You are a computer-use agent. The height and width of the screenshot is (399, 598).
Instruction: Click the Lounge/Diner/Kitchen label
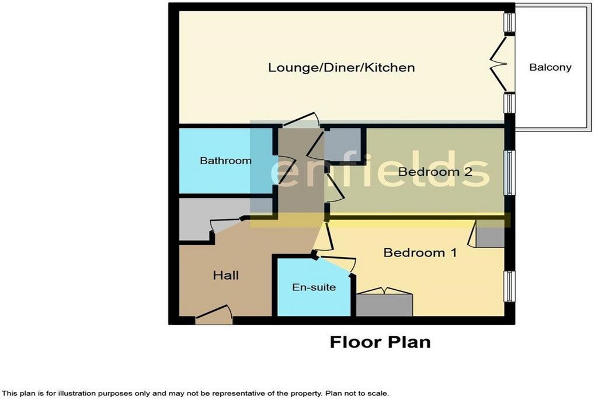[x=341, y=68]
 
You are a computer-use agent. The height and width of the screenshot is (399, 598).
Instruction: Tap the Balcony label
[x=550, y=68]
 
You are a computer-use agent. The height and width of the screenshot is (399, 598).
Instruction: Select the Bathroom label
[x=225, y=161]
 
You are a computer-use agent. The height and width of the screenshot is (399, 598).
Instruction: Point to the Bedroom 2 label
[x=435, y=172]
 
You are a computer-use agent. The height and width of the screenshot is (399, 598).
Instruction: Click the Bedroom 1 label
[x=420, y=252]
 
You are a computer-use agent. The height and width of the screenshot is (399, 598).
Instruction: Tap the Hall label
[x=226, y=275]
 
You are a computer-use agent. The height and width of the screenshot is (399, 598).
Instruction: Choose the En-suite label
[x=314, y=287]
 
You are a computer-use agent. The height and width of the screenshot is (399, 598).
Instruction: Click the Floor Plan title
[x=380, y=342]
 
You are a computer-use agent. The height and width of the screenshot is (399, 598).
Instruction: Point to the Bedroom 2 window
[x=509, y=172]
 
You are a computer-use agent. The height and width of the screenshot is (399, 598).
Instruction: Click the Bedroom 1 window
[x=509, y=286]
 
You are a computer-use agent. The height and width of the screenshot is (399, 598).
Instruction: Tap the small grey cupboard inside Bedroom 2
[x=342, y=144]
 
